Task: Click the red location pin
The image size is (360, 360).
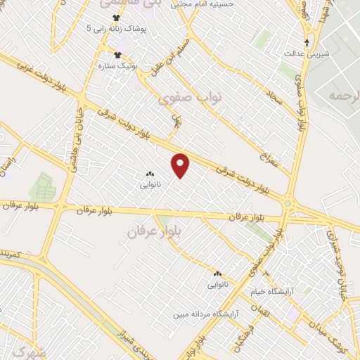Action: coord(181,165)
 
